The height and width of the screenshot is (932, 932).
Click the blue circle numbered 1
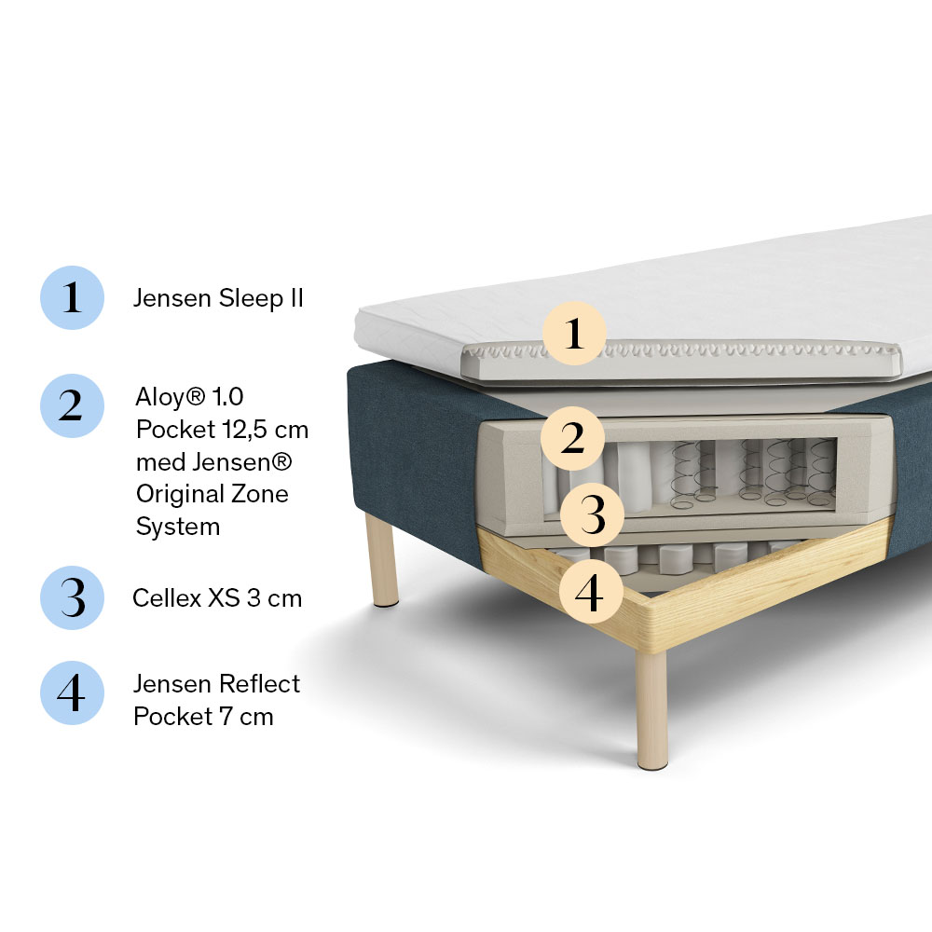click(72, 297)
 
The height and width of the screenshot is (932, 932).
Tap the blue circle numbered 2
click(72, 406)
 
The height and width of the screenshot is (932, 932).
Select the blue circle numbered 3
click(72, 597)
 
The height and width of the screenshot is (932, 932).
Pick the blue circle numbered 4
click(72, 693)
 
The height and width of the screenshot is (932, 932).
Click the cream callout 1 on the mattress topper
click(574, 333)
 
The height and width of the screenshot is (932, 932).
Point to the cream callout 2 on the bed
click(572, 438)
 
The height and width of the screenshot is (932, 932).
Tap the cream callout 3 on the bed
click(592, 514)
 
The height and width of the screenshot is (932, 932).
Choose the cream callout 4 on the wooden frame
click(591, 592)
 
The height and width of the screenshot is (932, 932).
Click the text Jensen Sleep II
click(218, 298)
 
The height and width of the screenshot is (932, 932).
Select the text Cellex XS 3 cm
click(217, 598)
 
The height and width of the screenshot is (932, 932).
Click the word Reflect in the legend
click(258, 683)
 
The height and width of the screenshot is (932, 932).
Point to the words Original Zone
click(212, 493)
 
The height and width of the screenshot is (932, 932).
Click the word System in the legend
click(178, 527)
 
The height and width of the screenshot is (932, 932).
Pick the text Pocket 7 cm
click(203, 716)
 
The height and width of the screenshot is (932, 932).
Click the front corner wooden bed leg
click(651, 710)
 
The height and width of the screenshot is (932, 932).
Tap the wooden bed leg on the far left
click(381, 560)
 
